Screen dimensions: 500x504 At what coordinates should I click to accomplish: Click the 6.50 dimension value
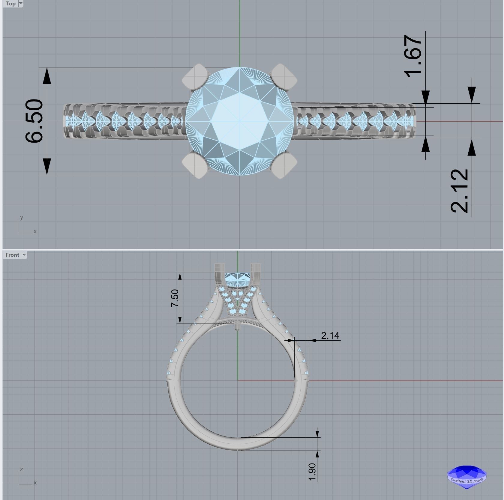tap(34, 121)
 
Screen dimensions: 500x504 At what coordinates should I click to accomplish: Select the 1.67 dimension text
tap(413, 56)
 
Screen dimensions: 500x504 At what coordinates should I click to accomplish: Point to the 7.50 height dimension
tap(175, 298)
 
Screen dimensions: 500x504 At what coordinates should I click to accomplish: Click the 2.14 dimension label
tap(330, 336)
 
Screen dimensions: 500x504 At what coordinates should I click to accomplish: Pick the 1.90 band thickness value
tap(312, 472)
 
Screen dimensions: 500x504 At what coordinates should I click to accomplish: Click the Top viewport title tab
tap(10, 4)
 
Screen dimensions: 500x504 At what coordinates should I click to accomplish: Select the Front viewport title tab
tap(12, 255)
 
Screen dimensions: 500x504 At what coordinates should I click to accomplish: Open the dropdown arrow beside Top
tap(21, 4)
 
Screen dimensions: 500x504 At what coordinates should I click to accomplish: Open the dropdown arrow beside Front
tap(24, 255)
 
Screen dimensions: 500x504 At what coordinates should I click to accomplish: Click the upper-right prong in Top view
tap(283, 77)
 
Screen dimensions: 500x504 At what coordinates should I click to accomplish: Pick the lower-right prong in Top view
tap(283, 165)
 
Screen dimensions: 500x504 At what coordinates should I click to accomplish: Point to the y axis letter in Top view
tap(21, 217)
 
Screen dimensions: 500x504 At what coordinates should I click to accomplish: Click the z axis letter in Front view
tap(21, 469)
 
